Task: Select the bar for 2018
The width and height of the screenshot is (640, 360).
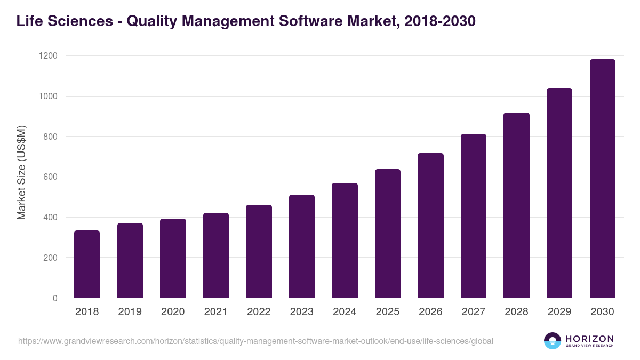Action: click(87, 264)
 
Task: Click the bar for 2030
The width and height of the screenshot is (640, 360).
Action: click(602, 179)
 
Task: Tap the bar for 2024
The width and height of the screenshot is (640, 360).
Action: click(345, 241)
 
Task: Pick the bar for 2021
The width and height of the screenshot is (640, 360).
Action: click(216, 255)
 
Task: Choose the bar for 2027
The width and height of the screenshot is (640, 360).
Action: click(474, 216)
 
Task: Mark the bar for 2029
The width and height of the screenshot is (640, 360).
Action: click(559, 193)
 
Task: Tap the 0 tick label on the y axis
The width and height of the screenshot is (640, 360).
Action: click(55, 298)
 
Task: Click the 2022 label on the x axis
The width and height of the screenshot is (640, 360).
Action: click(259, 312)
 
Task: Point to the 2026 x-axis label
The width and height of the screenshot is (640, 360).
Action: click(430, 312)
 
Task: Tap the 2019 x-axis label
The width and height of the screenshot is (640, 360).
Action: click(130, 312)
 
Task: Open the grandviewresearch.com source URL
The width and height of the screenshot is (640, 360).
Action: click(255, 341)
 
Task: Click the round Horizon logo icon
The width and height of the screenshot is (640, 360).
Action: click(553, 341)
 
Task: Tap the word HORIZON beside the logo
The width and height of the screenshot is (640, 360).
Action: click(590, 339)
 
